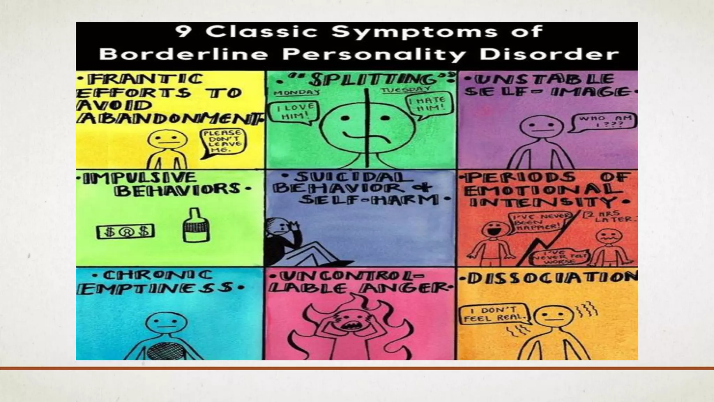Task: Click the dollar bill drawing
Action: tap(126, 232)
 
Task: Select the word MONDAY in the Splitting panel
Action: tap(297, 92)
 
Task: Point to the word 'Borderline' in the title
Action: tap(183, 55)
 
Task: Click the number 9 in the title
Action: tap(182, 31)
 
